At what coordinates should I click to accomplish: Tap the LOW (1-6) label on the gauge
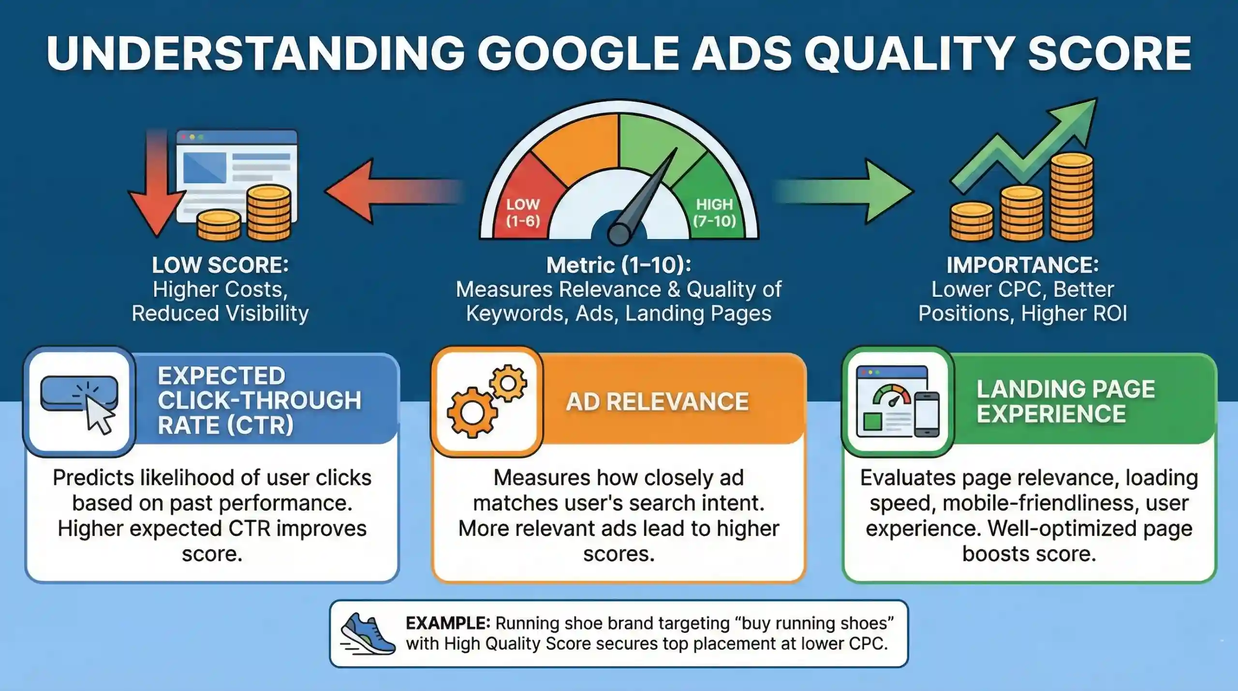(x=523, y=213)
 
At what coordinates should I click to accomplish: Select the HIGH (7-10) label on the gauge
(x=715, y=213)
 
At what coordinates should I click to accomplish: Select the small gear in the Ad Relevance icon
(x=508, y=383)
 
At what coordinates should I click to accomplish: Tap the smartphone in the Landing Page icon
(x=926, y=414)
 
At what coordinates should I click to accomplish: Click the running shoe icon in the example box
(x=368, y=633)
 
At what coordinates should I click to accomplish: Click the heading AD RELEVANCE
(x=657, y=402)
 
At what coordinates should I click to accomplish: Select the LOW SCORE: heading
(x=220, y=265)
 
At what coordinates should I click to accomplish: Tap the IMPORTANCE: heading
(x=1023, y=265)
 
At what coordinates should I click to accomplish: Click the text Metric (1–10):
(x=619, y=265)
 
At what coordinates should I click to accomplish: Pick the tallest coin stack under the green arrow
(x=1072, y=197)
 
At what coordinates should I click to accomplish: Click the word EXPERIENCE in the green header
(x=1051, y=414)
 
